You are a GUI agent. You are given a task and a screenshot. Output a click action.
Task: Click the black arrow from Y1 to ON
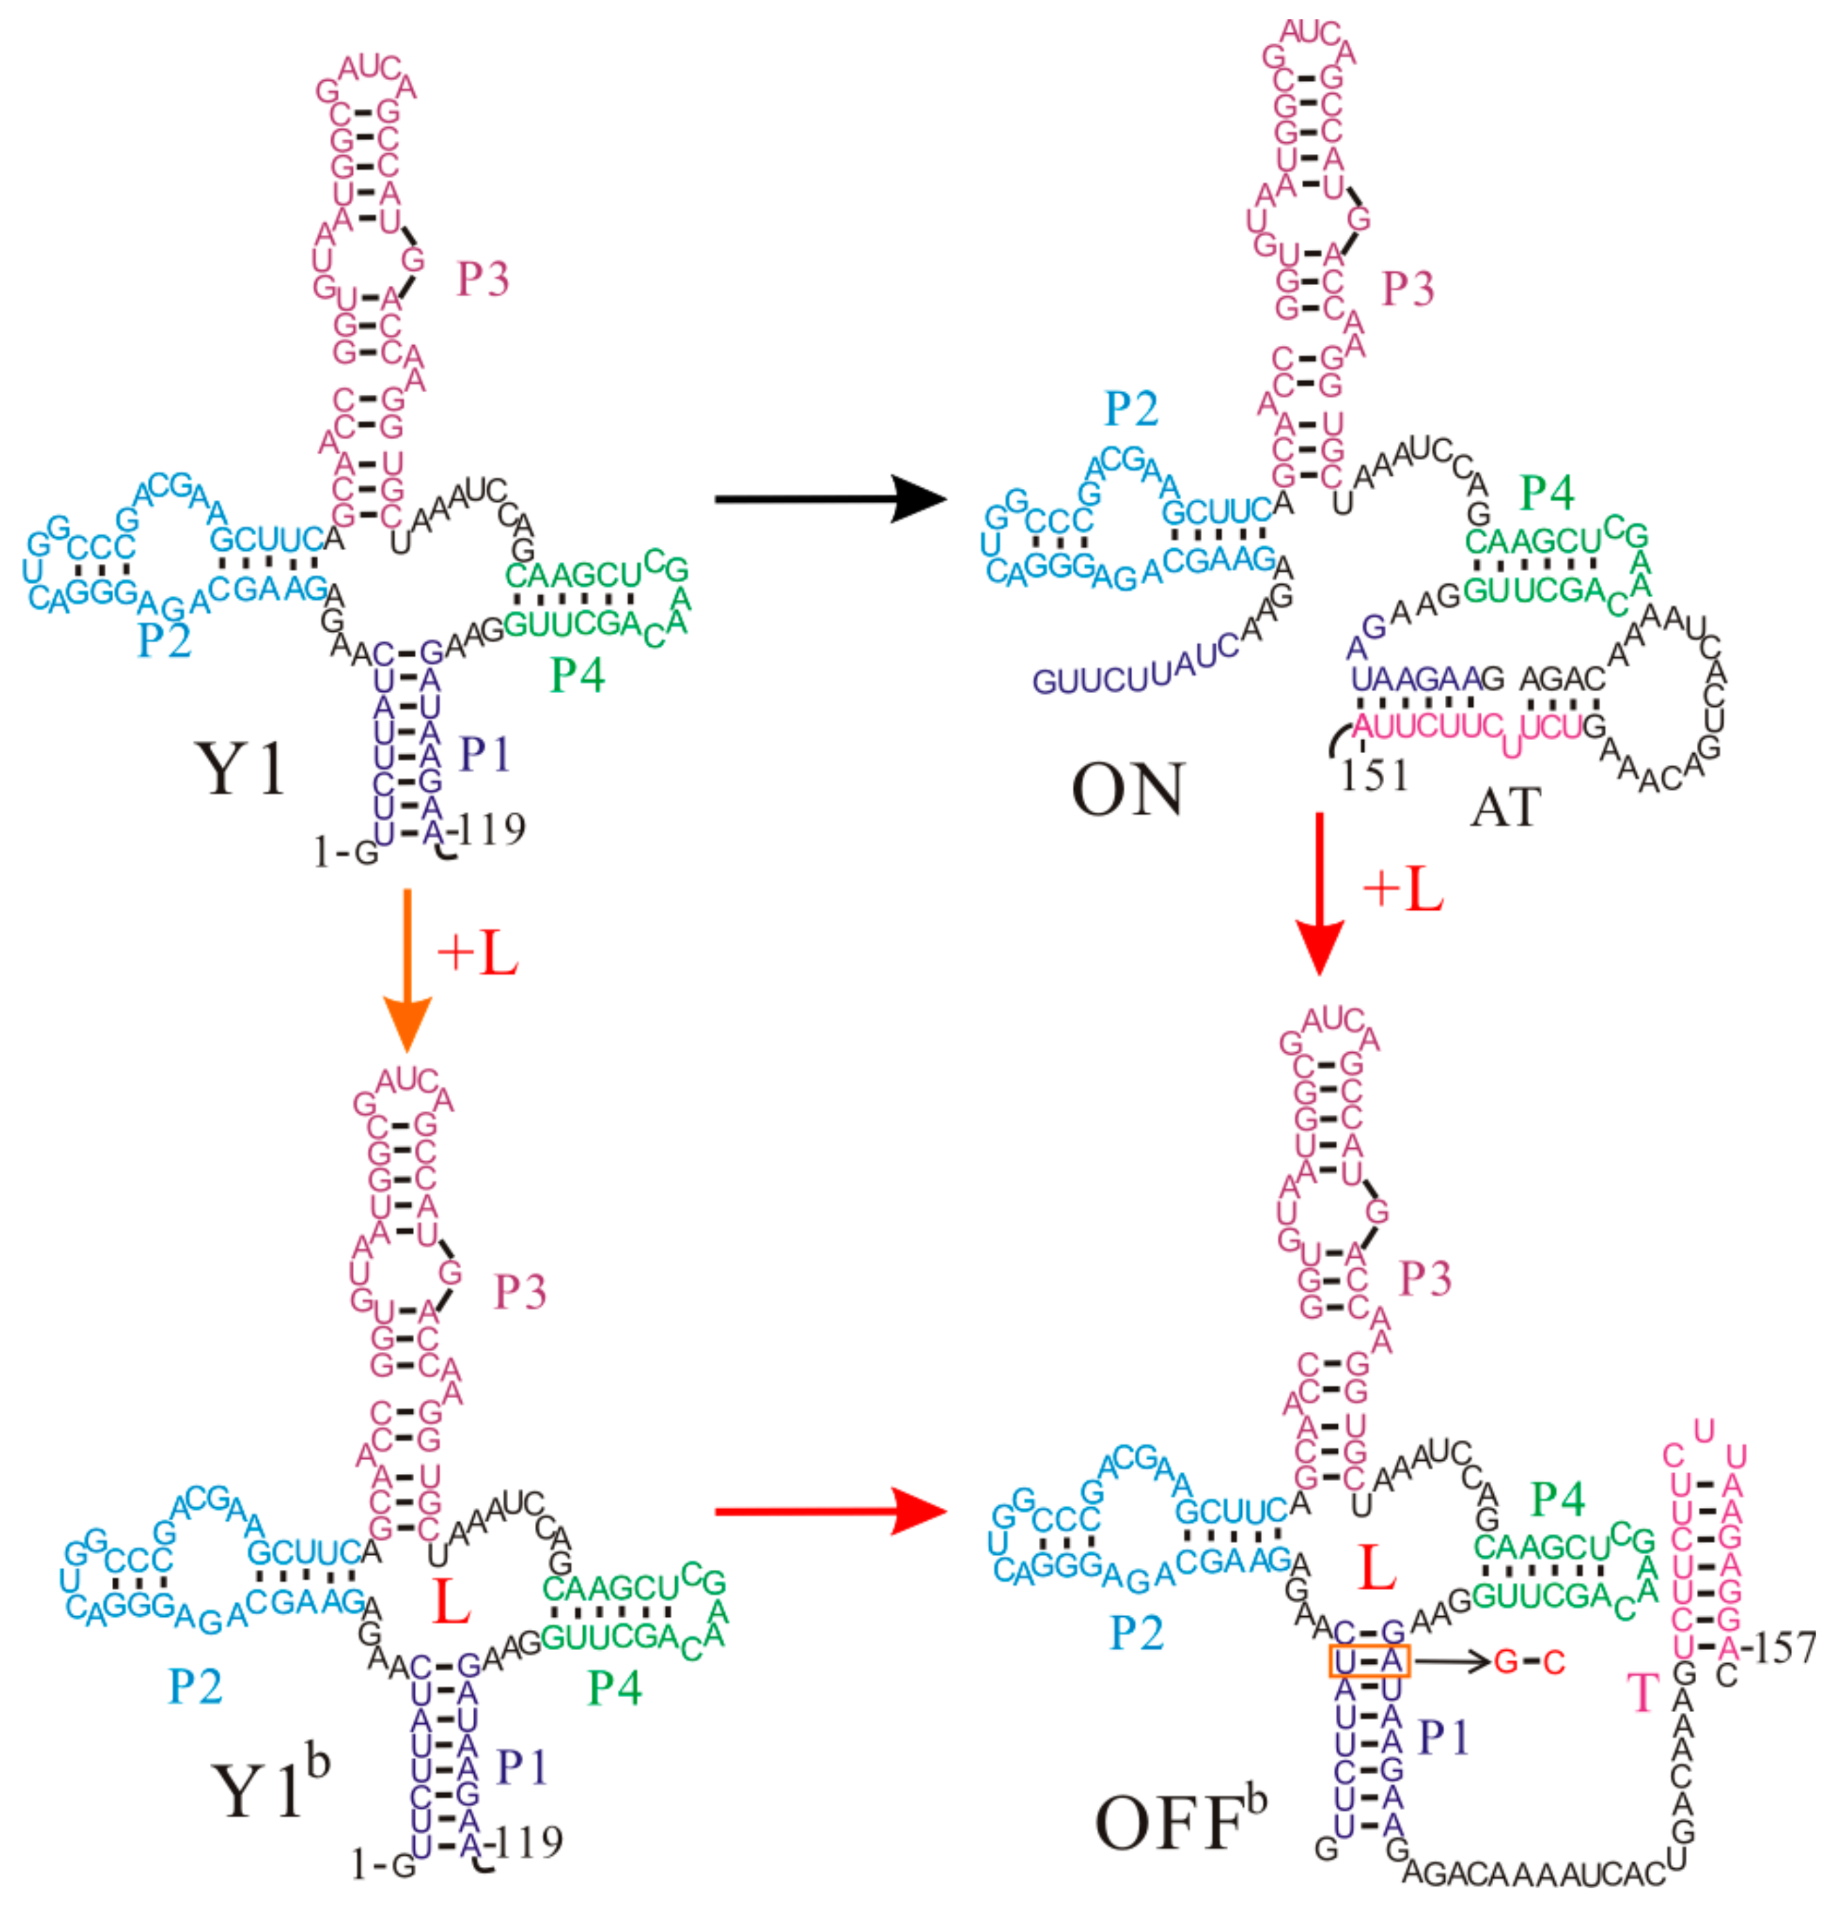coord(829,499)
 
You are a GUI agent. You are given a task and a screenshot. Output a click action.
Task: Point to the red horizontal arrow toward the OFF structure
coord(829,1511)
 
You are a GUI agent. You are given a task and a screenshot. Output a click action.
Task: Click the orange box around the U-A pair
coord(1368,1660)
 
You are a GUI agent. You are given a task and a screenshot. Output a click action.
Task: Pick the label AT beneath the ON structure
coord(1506,807)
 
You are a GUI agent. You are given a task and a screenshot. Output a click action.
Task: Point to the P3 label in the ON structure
coord(1408,289)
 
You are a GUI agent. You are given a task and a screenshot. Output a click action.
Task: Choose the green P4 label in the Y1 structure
coord(577,675)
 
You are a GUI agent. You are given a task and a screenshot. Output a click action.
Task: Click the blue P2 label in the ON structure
coord(1131,409)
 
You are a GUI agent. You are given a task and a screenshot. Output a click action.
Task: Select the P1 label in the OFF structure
coord(1443,1736)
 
